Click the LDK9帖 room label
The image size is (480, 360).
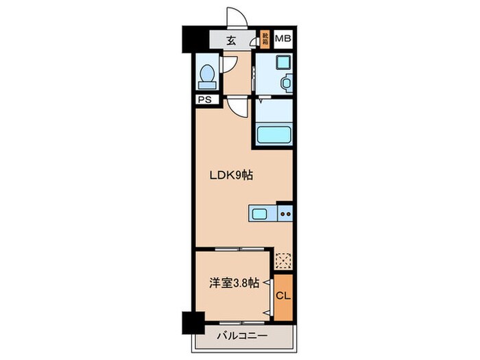point(231,175)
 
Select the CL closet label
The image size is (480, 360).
point(282,296)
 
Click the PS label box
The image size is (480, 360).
point(204,100)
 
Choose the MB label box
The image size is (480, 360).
point(283,39)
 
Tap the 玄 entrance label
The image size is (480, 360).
point(231,40)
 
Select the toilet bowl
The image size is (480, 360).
point(206,77)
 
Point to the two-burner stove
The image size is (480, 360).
point(285,215)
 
